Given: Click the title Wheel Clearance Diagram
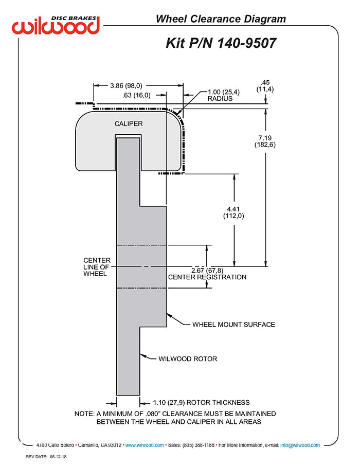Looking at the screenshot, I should point(221,20).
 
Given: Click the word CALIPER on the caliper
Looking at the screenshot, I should point(129,124).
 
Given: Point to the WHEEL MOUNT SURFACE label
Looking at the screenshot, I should point(233,325).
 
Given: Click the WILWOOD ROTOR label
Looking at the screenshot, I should point(187,359).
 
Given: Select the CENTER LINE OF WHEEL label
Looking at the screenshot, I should point(97,267).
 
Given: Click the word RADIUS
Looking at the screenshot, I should point(220,98).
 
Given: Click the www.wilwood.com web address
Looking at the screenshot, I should point(145,445).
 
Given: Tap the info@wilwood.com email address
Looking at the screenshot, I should point(300,445).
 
